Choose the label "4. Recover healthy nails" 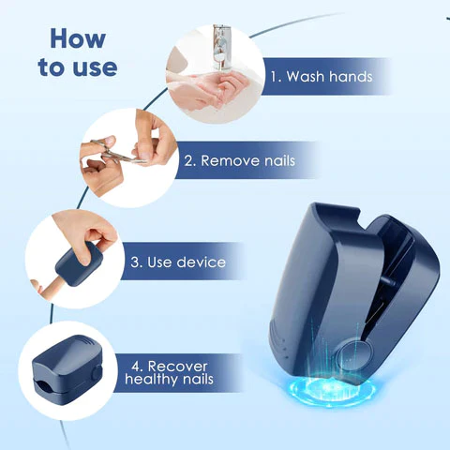click(x=170, y=371)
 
